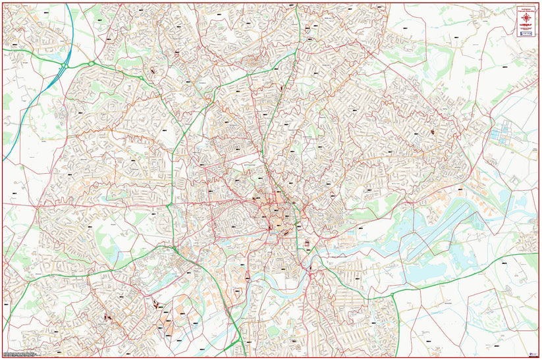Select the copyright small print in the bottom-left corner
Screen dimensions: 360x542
[x=20, y=353]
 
